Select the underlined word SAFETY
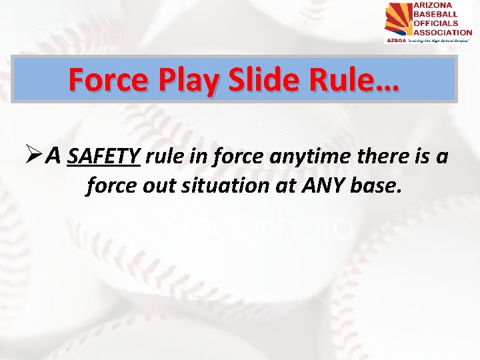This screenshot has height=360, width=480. coord(104,157)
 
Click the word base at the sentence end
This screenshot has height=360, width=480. coord(378,187)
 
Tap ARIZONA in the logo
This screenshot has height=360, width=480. coord(434,5)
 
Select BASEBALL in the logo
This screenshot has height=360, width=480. coord(437,14)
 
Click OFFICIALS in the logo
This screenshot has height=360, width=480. coord(438,23)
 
